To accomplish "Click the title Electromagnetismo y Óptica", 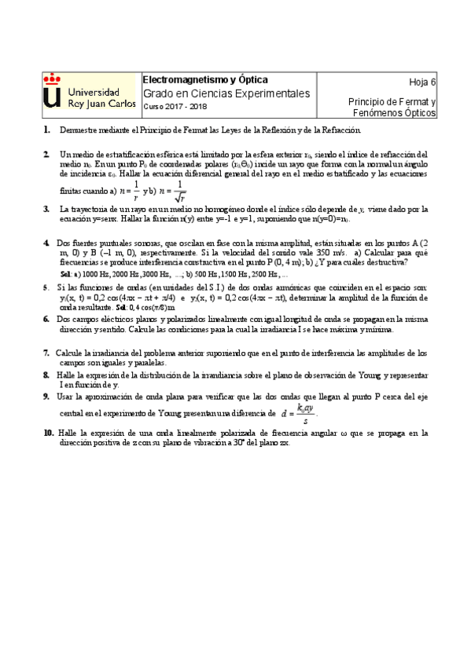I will coord(204,80).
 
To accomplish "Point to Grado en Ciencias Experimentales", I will coord(226,93).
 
